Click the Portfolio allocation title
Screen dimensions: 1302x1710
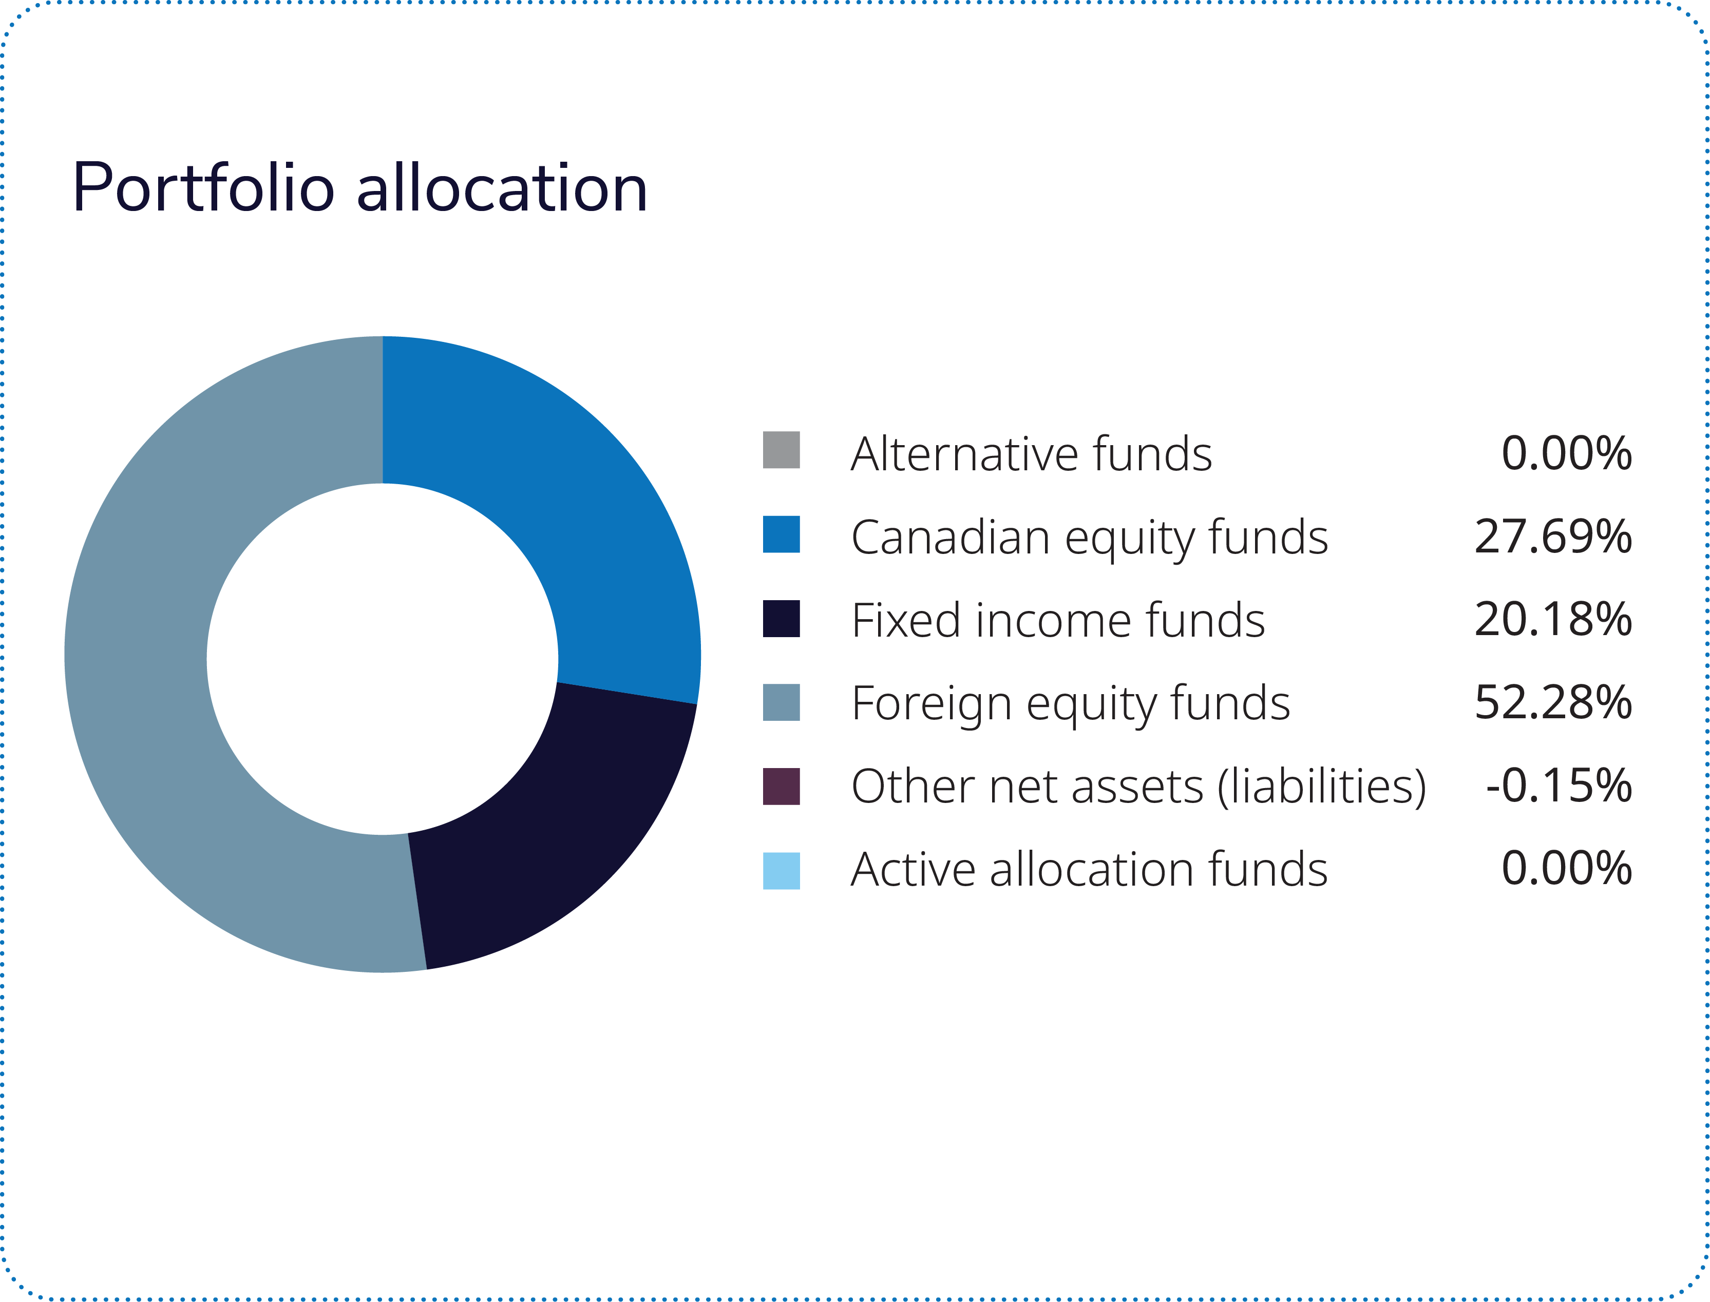pyautogui.click(x=359, y=188)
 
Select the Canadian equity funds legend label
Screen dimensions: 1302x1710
pyautogui.click(x=1089, y=538)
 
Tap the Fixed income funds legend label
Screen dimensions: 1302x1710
pyautogui.click(x=1058, y=621)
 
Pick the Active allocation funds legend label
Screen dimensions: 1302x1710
pyautogui.click(x=1089, y=870)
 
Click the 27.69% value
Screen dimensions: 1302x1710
pyautogui.click(x=1553, y=537)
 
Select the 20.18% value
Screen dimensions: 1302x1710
pyautogui.click(x=1553, y=620)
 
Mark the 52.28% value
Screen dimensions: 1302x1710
pyautogui.click(x=1553, y=703)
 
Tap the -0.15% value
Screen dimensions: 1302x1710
pyautogui.click(x=1558, y=787)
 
